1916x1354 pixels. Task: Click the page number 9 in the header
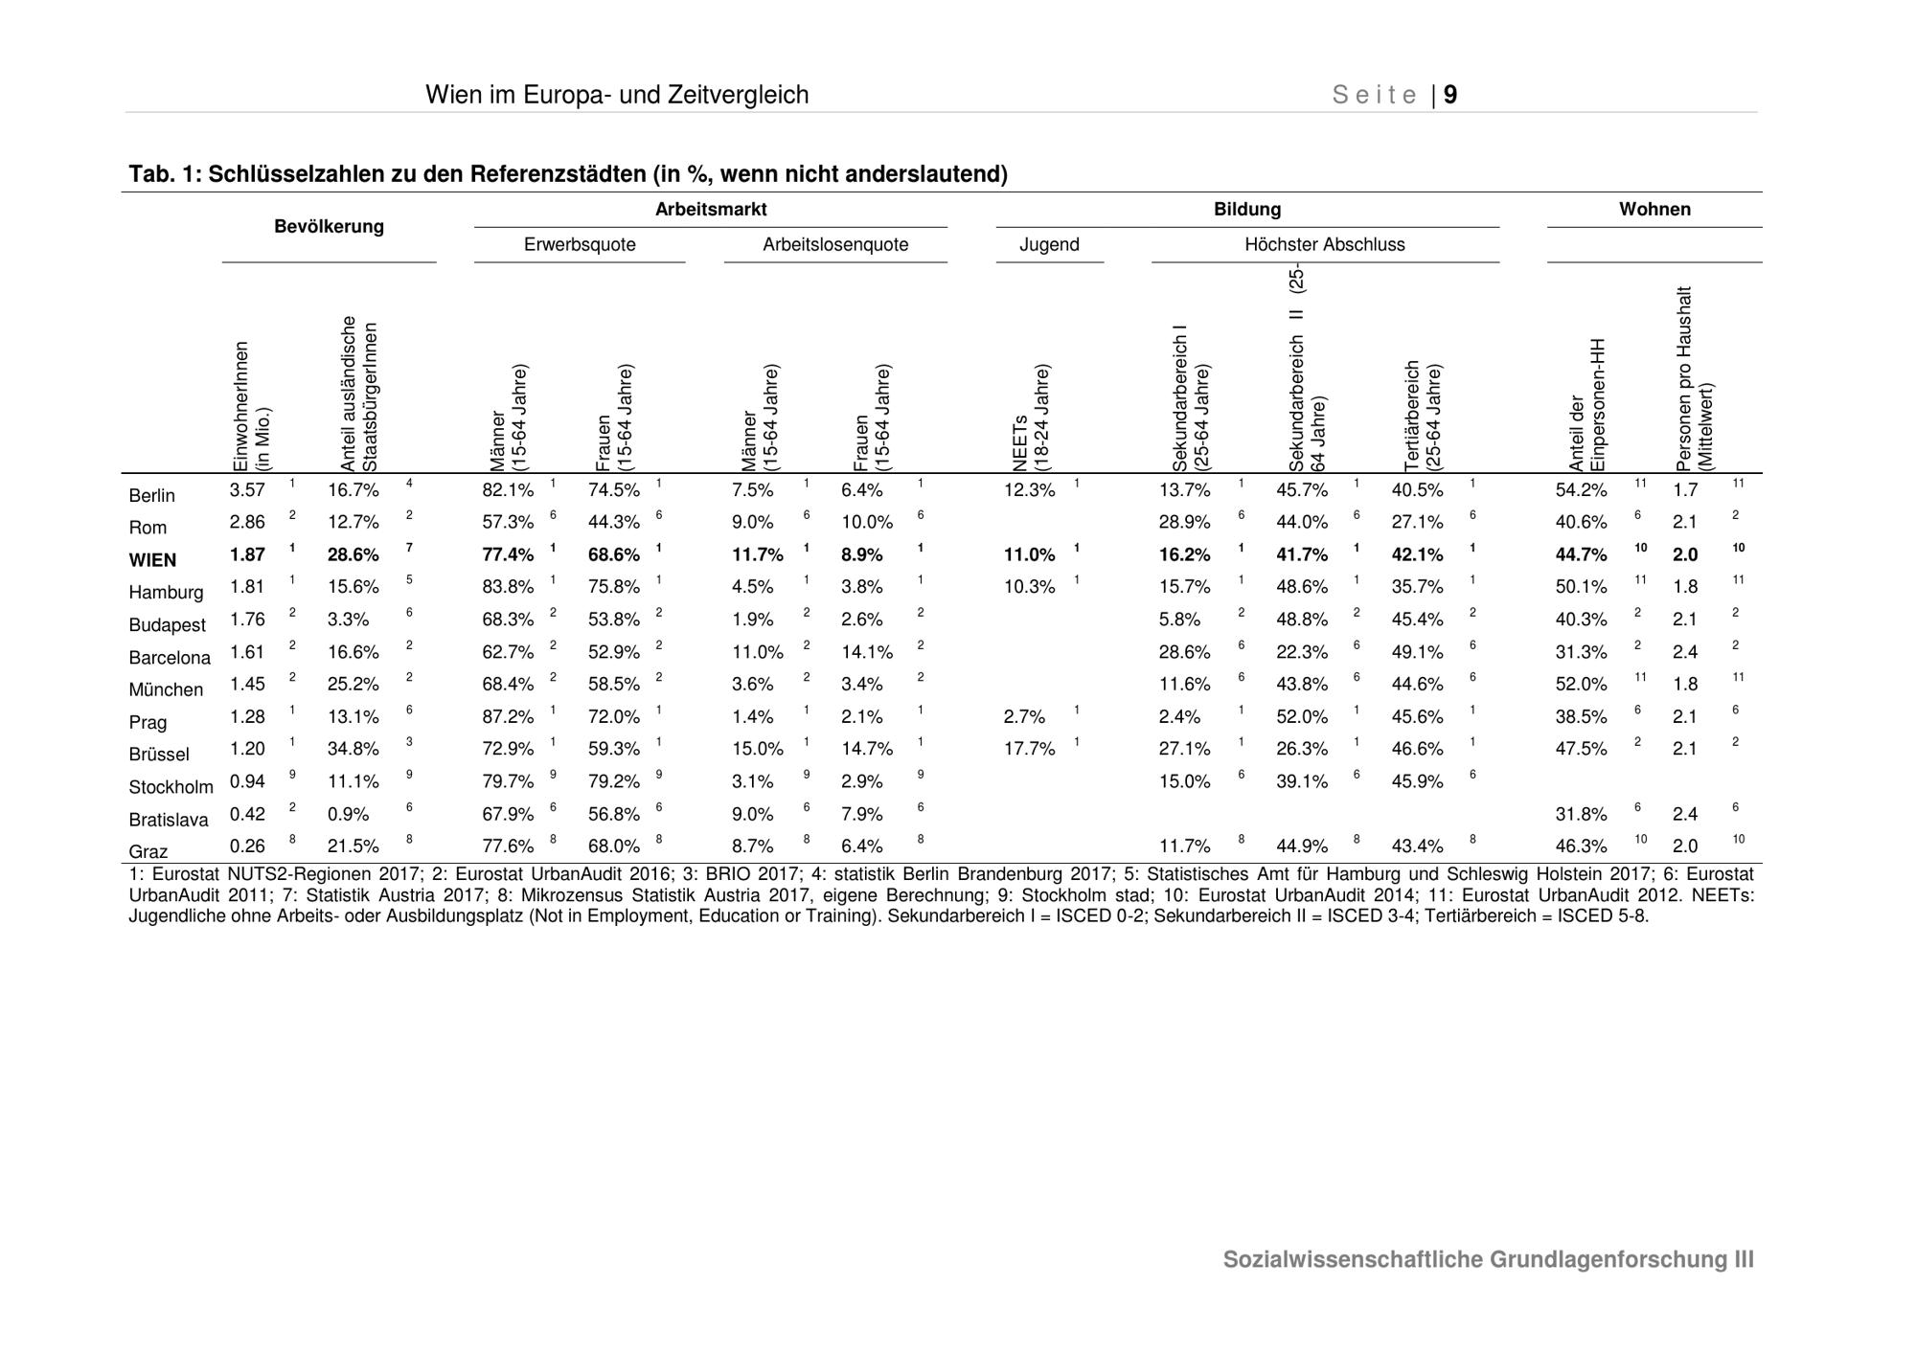pyautogui.click(x=1450, y=95)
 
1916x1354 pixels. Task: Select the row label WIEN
pyautogui.click(x=152, y=560)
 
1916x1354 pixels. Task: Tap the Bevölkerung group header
pyautogui.click(x=329, y=227)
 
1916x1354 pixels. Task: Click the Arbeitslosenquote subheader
pyautogui.click(x=835, y=245)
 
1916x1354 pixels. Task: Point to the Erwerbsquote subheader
pyautogui.click(x=580, y=245)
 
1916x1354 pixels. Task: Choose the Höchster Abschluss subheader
pyautogui.click(x=1325, y=245)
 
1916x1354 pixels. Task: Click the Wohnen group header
pyautogui.click(x=1654, y=210)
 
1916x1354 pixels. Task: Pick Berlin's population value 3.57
pyautogui.click(x=247, y=490)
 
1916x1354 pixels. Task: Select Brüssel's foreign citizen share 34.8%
pyautogui.click(x=354, y=749)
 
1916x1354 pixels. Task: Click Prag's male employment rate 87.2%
pyautogui.click(x=508, y=716)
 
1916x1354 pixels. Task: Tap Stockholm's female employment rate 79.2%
pyautogui.click(x=613, y=781)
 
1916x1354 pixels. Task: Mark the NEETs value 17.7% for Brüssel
pyautogui.click(x=1029, y=749)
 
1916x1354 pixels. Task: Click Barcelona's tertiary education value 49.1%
pyautogui.click(x=1417, y=652)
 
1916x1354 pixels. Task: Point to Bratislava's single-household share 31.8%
pyautogui.click(x=1581, y=814)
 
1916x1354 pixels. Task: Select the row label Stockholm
pyautogui.click(x=171, y=787)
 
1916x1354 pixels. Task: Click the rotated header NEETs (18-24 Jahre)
pyautogui.click(x=1032, y=417)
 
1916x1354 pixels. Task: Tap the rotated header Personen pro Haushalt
pyautogui.click(x=1695, y=378)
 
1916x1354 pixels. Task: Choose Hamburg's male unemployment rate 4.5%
pyautogui.click(x=752, y=587)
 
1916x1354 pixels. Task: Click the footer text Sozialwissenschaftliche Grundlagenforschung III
pyautogui.click(x=1489, y=1260)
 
